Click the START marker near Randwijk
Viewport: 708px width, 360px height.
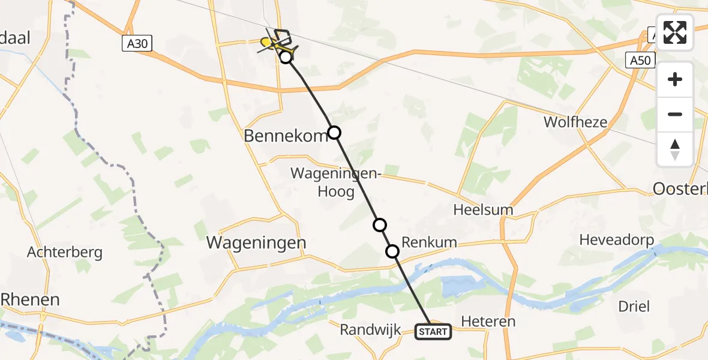tap(433, 331)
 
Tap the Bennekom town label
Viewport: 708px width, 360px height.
tap(286, 136)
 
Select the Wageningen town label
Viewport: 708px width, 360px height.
tap(256, 243)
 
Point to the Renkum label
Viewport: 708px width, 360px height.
tap(429, 243)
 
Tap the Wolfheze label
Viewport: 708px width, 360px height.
tap(575, 122)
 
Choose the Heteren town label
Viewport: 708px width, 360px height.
tap(488, 322)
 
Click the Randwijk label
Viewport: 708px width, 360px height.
tap(370, 329)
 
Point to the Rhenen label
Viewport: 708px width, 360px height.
tap(30, 299)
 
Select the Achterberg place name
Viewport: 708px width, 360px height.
tap(64, 253)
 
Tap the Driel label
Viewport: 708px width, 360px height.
tap(634, 307)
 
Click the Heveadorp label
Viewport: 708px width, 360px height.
tap(616, 241)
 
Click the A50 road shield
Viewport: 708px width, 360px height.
tap(641, 60)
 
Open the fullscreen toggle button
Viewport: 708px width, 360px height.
tap(675, 32)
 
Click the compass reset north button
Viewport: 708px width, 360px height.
tap(675, 149)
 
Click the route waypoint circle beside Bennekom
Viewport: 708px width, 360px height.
tap(334, 133)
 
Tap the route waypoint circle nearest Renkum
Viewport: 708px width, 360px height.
tap(392, 251)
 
